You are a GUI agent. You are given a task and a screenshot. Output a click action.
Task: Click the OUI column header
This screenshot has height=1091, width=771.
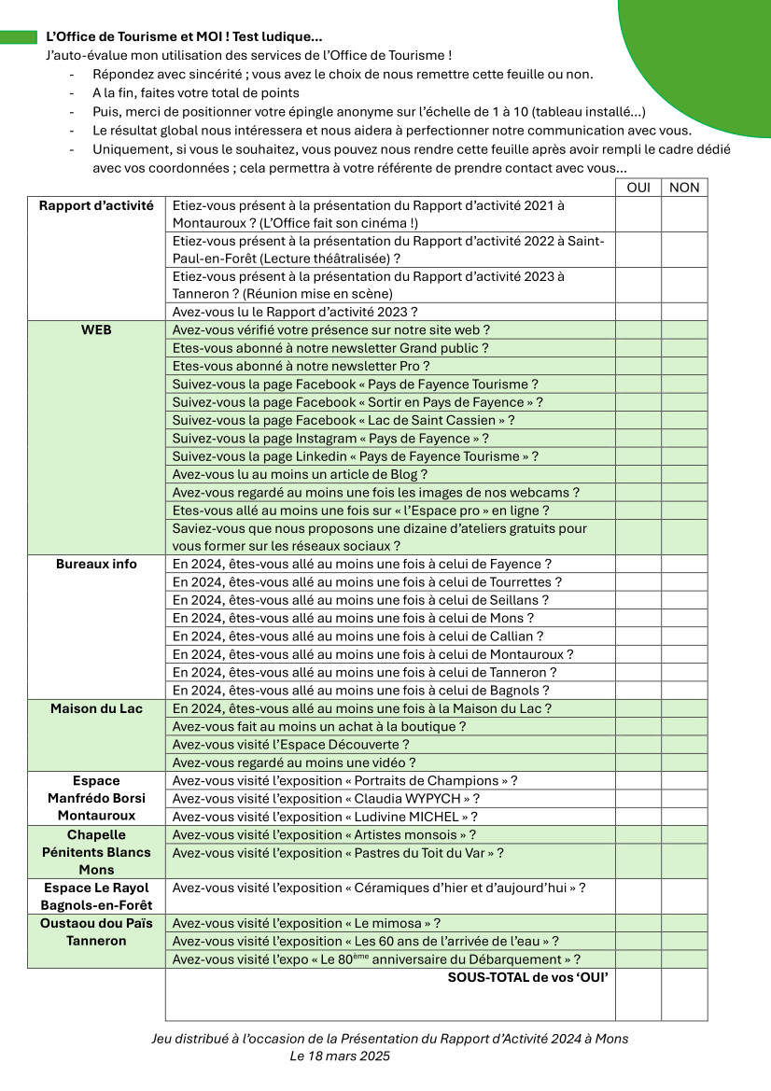pos(638,188)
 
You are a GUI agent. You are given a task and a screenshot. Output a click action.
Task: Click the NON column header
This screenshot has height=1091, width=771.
pos(684,188)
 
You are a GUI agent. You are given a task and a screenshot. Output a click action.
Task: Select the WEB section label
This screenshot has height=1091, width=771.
pos(96,330)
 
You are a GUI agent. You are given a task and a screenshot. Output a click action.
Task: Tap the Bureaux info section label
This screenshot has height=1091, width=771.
pos(96,564)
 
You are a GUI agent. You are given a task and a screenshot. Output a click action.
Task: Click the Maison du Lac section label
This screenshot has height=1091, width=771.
pos(96,708)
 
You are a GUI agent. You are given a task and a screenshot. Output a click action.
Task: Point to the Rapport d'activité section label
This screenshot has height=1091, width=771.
pos(96,205)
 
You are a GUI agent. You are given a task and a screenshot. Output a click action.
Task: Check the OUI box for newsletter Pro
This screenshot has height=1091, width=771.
pos(638,366)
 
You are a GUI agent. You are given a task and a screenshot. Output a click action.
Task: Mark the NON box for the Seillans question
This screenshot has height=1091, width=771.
pos(684,600)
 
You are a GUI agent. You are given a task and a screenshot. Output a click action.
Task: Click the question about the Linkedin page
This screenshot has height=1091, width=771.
pos(355,456)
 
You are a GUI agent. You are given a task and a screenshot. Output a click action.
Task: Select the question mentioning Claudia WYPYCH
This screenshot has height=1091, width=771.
pos(327,799)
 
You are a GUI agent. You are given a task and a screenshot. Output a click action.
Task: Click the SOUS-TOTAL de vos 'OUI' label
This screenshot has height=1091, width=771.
pos(528,978)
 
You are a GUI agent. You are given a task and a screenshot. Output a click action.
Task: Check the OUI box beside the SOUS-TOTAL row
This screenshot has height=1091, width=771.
pos(638,995)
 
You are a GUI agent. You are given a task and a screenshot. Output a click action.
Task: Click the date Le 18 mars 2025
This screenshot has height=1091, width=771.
pos(340,1056)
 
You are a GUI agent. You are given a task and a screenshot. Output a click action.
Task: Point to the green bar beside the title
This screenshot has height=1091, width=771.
pos(18,37)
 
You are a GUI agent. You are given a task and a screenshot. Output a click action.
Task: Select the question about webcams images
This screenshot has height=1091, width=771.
pos(376,492)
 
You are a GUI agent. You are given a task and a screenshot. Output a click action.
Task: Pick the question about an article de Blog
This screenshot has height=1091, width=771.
pos(300,474)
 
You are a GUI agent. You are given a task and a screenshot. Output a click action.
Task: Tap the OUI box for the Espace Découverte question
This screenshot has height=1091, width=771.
pos(638,745)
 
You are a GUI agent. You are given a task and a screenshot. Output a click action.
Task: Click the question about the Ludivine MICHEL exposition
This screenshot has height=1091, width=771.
pos(326,817)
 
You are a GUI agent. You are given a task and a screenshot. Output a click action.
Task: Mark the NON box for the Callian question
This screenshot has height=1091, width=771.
pos(684,636)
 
